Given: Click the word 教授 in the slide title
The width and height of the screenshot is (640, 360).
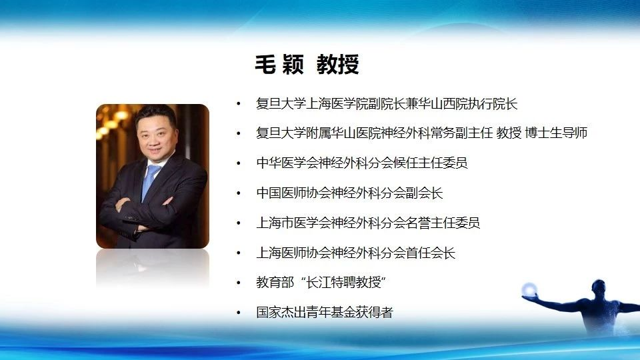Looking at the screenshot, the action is [337, 65].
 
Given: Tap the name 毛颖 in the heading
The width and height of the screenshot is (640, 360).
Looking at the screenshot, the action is [279, 65].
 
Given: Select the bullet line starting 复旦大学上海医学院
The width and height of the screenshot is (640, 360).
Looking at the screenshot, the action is [387, 104].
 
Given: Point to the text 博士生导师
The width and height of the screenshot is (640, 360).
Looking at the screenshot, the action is [556, 133].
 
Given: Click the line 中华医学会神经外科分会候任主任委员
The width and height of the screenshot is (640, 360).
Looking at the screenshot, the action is [361, 163].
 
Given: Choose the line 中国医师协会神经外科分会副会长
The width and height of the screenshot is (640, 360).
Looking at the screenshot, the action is [349, 193].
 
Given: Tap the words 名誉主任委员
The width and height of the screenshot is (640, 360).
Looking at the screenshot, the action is [443, 223].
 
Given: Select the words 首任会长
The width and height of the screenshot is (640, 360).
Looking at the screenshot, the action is [430, 253].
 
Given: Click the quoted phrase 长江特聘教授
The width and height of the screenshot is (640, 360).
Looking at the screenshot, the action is [343, 283].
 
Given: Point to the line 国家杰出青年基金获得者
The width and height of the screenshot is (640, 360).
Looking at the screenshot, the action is [325, 312].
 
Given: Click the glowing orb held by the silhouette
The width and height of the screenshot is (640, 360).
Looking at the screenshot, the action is [529, 289].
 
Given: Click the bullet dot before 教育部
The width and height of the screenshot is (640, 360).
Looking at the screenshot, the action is [239, 283].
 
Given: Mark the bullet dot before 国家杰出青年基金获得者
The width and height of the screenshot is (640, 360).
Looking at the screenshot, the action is [239, 313].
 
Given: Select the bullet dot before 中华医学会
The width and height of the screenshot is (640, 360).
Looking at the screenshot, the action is [239, 163].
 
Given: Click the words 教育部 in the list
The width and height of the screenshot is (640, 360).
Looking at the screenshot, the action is [275, 283].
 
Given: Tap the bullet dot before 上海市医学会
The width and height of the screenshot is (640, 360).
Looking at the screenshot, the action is [239, 223].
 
